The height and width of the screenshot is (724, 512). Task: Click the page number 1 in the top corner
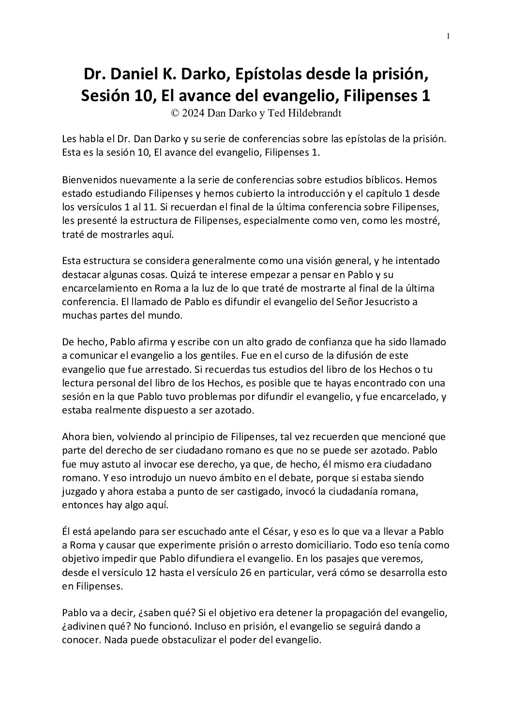click(x=449, y=35)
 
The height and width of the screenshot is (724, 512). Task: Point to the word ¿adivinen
click(x=83, y=626)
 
